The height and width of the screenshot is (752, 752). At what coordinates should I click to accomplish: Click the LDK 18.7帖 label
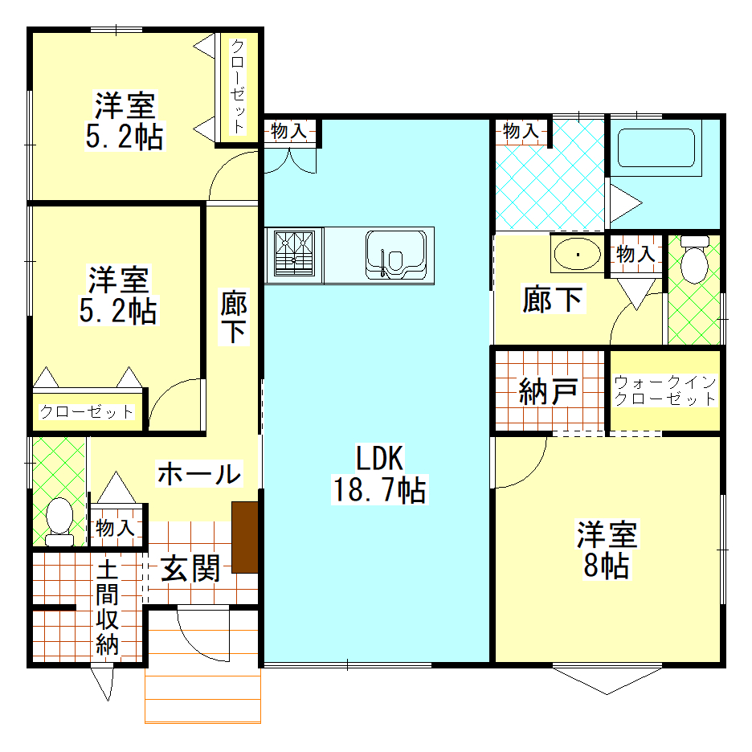coord(379,474)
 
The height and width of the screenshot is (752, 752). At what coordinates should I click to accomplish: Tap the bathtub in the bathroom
coord(656,148)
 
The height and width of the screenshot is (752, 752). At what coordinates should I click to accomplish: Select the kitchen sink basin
coord(395,255)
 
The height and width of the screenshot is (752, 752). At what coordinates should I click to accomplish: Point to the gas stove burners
coord(295,254)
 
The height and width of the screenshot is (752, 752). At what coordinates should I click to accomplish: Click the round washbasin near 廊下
coord(577,254)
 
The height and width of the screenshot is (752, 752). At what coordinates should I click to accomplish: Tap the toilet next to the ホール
coord(59,521)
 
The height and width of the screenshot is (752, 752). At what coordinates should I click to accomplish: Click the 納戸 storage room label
coord(549,391)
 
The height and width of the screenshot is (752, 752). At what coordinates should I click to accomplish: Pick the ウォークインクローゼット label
coord(665,390)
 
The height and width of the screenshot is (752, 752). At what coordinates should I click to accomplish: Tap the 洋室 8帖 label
coord(607,550)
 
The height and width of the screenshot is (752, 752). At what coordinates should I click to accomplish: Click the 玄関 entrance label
coord(190,568)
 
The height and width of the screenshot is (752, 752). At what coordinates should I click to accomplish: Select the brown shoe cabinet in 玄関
coord(245,537)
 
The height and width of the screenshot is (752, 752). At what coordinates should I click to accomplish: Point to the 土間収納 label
coord(107,608)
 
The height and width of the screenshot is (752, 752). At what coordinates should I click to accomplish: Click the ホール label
coord(199,474)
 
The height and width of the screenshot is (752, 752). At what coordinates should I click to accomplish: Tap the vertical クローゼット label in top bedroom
coord(238,86)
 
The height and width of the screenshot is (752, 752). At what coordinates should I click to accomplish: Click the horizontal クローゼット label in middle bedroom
coord(86,411)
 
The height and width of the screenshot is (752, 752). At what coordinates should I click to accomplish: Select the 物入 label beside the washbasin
coord(636,253)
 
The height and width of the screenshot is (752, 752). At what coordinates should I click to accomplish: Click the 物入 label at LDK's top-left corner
coord(288,130)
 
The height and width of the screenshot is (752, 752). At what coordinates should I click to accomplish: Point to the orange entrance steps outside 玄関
coord(203,696)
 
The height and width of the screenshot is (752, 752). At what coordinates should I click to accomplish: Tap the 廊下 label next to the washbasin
coord(553,299)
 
